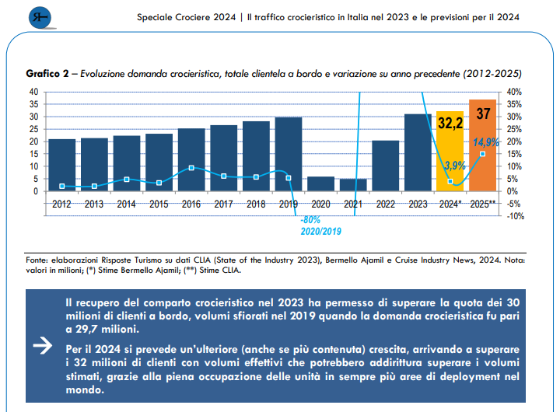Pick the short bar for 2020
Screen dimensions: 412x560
click(321, 183)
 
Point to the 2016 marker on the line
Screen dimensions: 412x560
click(191, 168)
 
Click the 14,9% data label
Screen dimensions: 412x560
click(486, 142)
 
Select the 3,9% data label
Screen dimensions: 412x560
click(454, 165)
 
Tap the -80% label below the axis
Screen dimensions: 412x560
click(310, 220)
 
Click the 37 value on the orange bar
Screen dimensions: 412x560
click(483, 114)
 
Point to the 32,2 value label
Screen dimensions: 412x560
click(450, 123)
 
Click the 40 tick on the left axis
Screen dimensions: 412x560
click(33, 92)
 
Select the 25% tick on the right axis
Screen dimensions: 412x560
click(514, 129)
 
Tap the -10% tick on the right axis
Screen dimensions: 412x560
click(514, 216)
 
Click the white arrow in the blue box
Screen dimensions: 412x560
click(47, 347)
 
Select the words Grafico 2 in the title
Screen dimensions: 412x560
click(47, 74)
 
